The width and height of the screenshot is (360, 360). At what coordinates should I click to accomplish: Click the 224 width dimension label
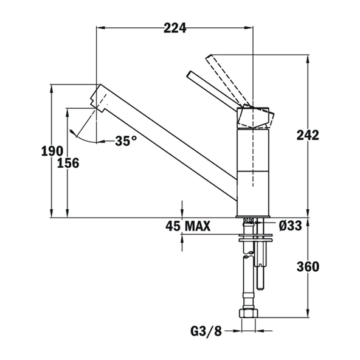click(x=175, y=27)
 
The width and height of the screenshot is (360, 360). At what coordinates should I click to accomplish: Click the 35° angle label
click(x=126, y=140)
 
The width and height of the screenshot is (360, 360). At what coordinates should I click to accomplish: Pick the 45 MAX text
click(x=187, y=227)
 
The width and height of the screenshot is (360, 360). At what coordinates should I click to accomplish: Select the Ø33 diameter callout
click(x=291, y=226)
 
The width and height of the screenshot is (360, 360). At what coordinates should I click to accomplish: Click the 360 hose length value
click(x=308, y=266)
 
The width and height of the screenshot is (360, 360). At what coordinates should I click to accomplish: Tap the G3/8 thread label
click(x=205, y=332)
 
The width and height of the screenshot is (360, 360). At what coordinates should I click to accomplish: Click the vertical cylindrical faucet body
click(x=252, y=170)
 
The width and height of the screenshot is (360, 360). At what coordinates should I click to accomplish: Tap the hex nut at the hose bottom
click(x=251, y=314)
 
